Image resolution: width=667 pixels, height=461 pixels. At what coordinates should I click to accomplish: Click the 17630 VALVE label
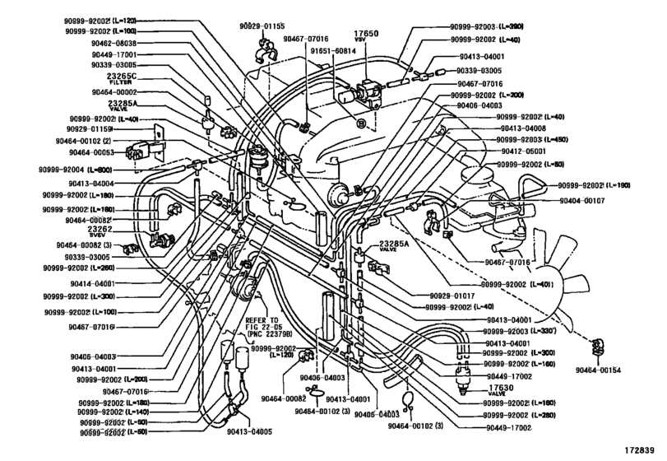point(493,387)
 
